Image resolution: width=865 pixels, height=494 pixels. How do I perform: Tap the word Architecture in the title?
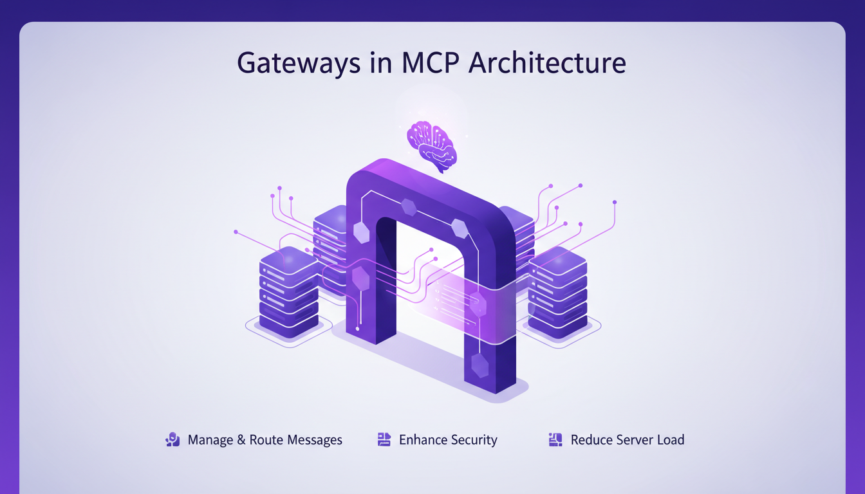tap(547, 63)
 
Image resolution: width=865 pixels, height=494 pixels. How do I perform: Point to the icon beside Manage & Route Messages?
tap(172, 440)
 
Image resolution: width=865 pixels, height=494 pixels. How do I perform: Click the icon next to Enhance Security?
tap(384, 440)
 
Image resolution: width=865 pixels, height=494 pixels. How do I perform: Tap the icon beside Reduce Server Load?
tap(555, 440)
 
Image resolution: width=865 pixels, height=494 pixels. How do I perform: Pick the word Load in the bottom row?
tap(670, 440)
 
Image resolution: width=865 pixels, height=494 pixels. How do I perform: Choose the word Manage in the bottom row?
tap(210, 441)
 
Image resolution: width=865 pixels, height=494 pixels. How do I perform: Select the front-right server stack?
tap(557, 293)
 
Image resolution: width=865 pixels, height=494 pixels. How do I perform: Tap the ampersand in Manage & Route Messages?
tap(241, 440)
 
